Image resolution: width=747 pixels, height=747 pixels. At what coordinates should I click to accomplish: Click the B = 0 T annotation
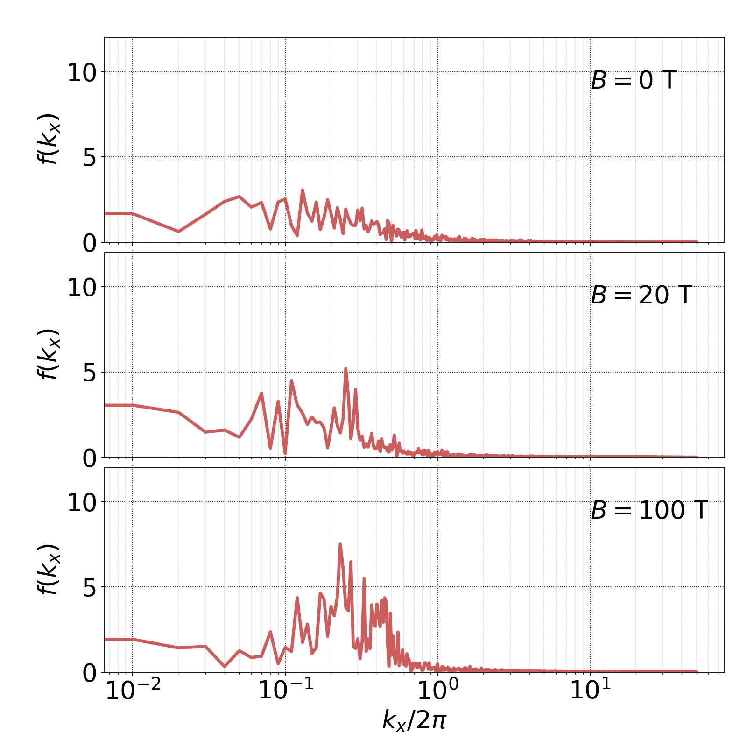(633, 81)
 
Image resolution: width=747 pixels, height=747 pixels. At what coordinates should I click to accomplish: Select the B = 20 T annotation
(641, 296)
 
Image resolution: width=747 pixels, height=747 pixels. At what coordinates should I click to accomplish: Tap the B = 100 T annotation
(649, 510)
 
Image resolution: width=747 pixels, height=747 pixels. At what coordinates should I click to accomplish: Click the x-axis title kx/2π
(414, 720)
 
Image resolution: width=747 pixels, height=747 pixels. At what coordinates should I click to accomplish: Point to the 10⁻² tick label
(133, 691)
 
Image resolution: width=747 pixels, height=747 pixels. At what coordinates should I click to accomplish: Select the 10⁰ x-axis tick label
(437, 691)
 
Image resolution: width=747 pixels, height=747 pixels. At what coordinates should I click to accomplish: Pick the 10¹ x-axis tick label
(590, 691)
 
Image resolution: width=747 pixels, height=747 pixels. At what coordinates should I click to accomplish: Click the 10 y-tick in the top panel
(82, 73)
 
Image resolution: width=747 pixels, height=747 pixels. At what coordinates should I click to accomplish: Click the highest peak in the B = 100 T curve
(340, 544)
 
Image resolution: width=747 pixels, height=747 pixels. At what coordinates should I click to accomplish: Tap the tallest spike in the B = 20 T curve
(345, 369)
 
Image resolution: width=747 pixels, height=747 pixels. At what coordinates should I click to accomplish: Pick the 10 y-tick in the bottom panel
(82, 503)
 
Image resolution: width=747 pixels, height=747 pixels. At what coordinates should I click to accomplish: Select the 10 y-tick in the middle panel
(82, 288)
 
